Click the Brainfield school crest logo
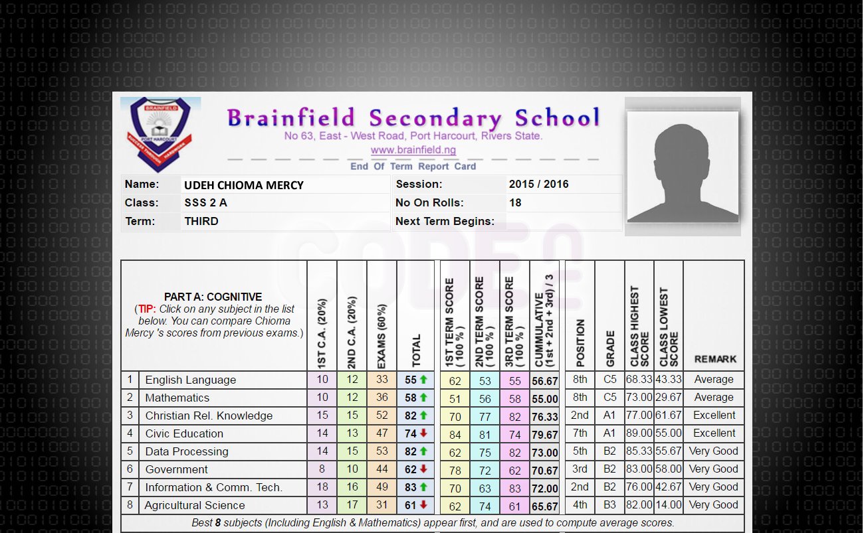pos(160,134)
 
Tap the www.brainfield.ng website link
pos(413,150)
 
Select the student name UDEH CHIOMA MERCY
pos(244,185)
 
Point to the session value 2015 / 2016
pos(538,185)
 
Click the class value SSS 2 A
pos(205,203)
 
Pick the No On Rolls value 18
pos(515,203)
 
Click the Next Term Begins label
pos(445,222)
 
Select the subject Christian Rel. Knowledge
pos(209,416)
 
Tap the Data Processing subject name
pos(187,452)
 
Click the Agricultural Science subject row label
pos(195,506)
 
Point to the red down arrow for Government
pos(423,470)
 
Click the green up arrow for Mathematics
pos(423,398)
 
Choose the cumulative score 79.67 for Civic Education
pos(545,435)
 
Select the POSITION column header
pos(580,344)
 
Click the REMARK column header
pos(715,359)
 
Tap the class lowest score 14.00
pos(668,505)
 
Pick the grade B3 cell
pos(610,505)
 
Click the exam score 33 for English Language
pos(382,380)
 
